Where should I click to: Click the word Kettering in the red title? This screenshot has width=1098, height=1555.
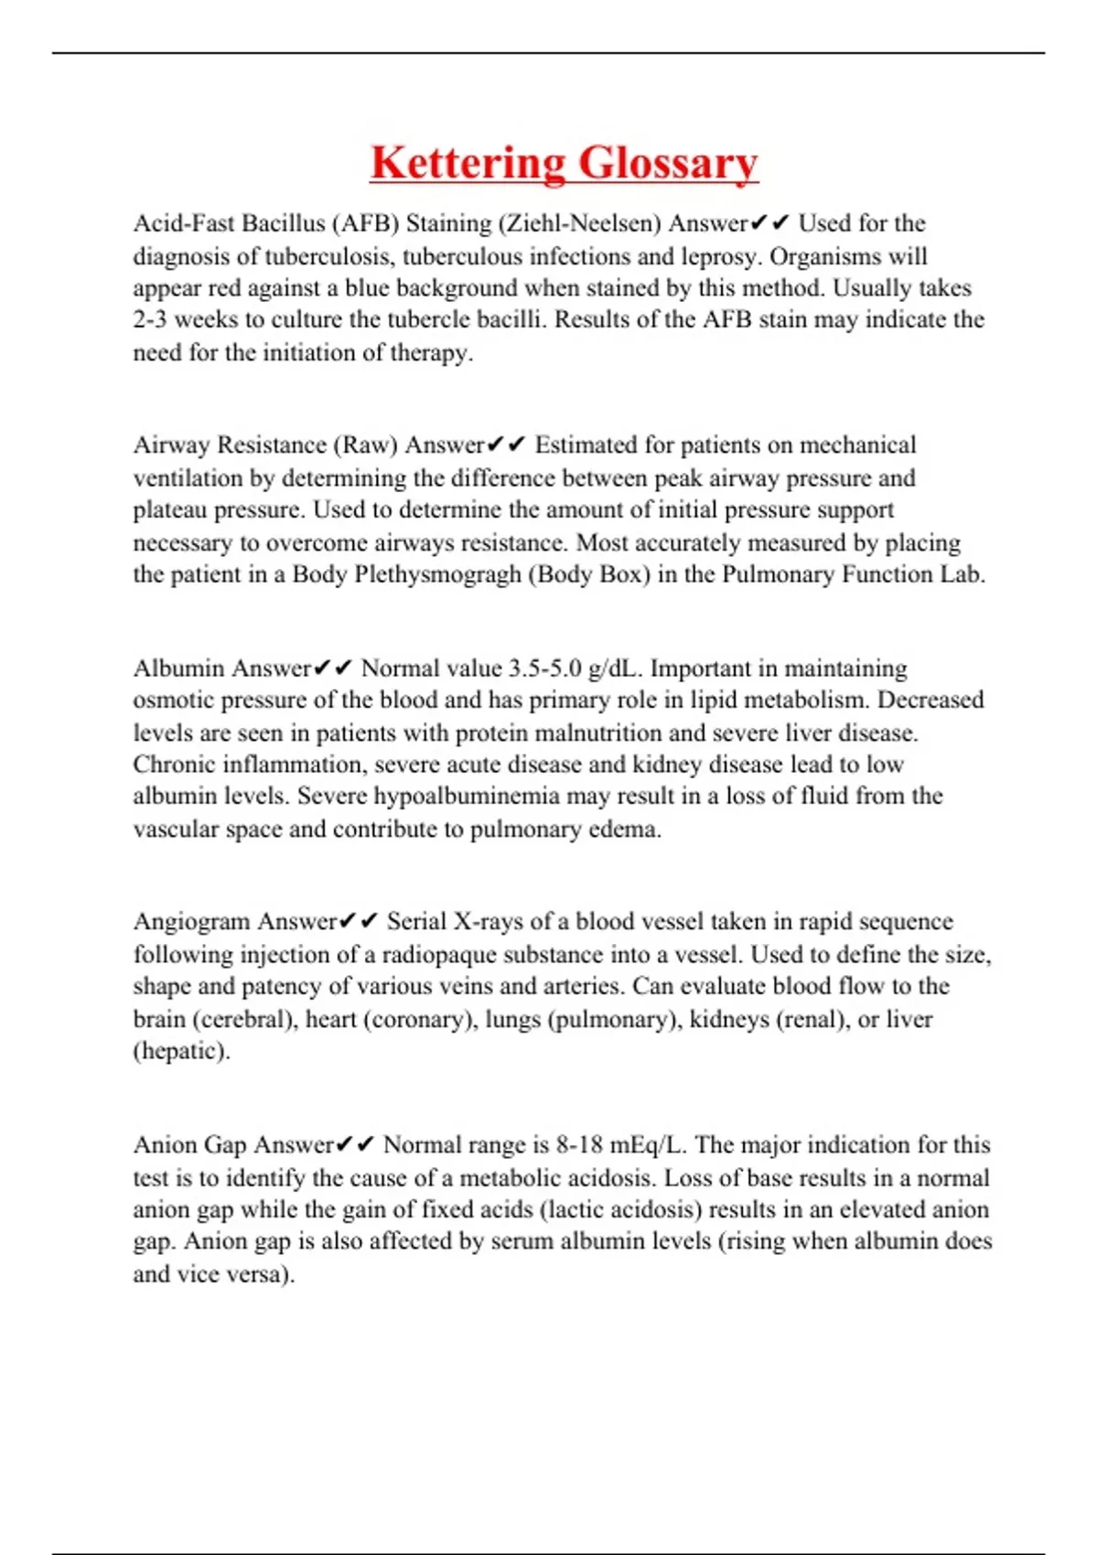(467, 164)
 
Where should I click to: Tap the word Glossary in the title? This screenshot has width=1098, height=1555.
(668, 164)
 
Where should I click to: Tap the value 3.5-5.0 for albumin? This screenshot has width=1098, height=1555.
(545, 669)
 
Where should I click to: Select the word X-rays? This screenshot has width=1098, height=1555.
(489, 922)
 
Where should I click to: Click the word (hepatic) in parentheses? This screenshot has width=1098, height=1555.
(181, 1052)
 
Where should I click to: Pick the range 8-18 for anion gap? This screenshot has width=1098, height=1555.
(579, 1145)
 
